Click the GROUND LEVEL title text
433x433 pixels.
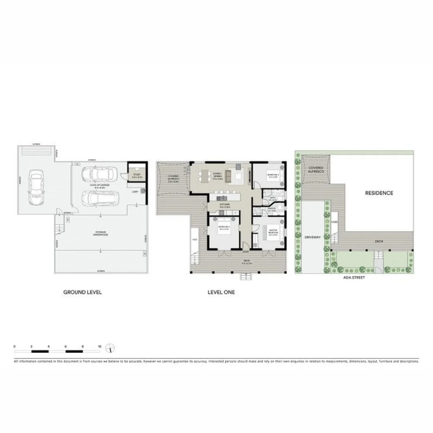point(82,292)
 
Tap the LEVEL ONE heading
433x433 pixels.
point(221,292)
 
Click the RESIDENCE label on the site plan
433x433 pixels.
point(379,193)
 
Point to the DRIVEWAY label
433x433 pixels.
point(313,237)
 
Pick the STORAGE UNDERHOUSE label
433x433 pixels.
point(97,234)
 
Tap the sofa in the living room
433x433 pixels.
point(229,176)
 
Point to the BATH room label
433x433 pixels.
point(272,198)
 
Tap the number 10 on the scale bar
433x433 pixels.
point(99,346)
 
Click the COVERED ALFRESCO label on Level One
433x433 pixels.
point(173,178)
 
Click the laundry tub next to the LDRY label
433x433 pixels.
point(142,192)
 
